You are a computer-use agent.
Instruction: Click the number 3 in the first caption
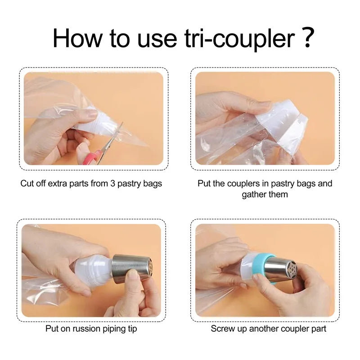[x=112, y=184]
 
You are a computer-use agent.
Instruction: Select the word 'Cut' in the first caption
[x=27, y=184]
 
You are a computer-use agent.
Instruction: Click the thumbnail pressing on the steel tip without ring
[x=131, y=274]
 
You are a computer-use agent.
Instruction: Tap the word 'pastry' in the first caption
[x=129, y=184]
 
